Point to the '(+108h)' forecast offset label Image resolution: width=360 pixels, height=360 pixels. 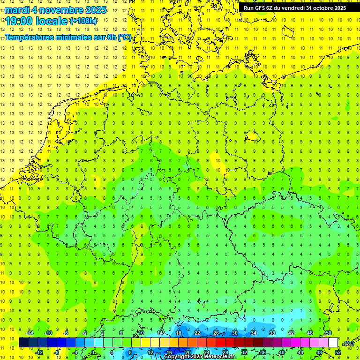coord(83,21)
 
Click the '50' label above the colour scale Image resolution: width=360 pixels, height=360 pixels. coord(328,333)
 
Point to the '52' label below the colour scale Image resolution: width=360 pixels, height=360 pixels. coord(337,352)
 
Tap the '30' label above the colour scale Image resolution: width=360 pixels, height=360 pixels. coord(234,333)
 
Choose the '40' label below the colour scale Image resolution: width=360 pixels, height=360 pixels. coord(281,352)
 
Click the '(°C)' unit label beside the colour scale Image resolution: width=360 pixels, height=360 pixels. coord(349,343)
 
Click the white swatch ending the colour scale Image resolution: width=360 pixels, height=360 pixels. coord(333,343)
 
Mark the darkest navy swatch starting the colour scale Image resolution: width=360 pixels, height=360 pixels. coord(23,343)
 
